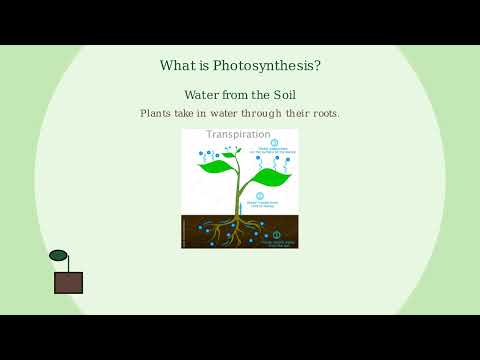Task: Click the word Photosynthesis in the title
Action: [272, 66]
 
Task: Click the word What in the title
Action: [180, 66]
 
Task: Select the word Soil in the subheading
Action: [281, 94]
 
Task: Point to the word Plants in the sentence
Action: [157, 113]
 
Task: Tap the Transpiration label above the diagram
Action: [238, 134]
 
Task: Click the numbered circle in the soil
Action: [277, 235]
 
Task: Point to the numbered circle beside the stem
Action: [260, 197]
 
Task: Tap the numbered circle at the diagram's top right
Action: [274, 143]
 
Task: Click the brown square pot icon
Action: [68, 283]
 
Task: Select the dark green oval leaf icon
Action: [58, 255]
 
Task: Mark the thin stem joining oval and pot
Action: [66, 266]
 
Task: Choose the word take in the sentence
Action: [189, 113]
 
